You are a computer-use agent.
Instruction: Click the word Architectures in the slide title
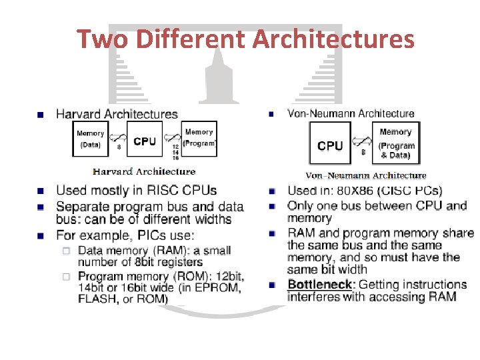coord(333,39)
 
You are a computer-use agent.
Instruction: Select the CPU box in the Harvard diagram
coord(145,141)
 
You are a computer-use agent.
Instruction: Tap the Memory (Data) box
coord(90,139)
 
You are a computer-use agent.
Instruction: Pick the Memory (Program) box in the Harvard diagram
coord(199,138)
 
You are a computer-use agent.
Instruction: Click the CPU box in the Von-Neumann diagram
coord(330,145)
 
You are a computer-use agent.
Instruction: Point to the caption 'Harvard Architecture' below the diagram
coord(144,171)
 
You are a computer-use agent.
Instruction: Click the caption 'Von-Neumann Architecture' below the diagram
coord(365,175)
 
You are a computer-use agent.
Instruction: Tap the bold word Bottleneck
coord(321,285)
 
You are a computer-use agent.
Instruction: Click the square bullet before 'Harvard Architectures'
coord(42,115)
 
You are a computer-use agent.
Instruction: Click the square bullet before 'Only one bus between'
coord(272,206)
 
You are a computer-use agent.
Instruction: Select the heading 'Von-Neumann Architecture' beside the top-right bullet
coord(351,114)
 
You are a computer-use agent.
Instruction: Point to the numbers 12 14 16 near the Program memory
coord(175,153)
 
